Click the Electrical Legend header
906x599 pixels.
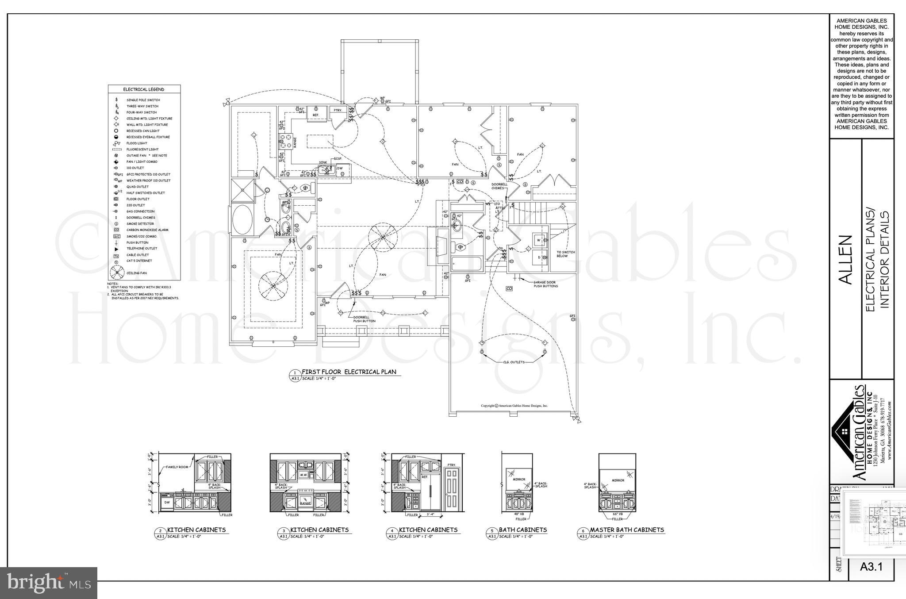click(144, 89)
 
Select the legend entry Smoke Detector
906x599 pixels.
click(140, 224)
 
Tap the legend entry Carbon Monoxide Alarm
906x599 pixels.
click(147, 230)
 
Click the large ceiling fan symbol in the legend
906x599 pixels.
click(116, 273)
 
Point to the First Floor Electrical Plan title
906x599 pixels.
click(349, 372)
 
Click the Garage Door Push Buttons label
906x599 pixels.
click(545, 284)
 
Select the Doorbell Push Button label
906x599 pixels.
click(364, 319)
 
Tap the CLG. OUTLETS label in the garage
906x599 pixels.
click(514, 362)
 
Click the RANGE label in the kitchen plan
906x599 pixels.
click(295, 142)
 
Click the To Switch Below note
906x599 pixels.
click(565, 254)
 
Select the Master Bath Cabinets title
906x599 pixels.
click(627, 530)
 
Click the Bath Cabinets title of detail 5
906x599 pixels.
click(522, 530)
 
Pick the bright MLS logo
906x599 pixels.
click(48, 583)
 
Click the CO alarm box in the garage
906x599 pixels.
click(509, 288)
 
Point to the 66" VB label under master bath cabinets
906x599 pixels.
click(617, 514)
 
